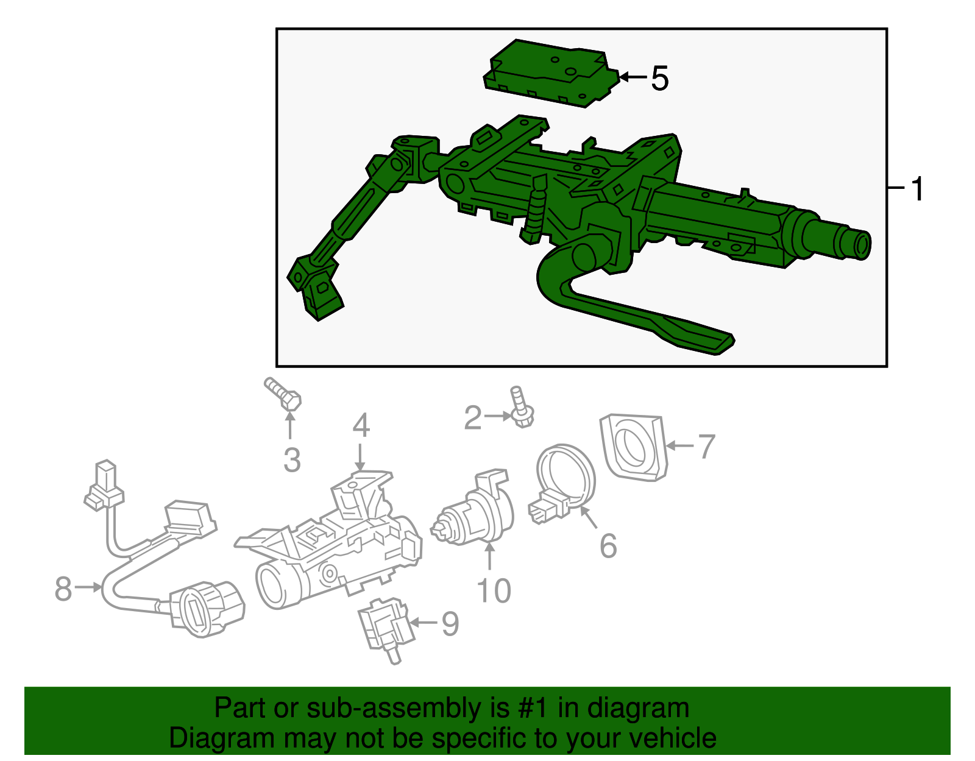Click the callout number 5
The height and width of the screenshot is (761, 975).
click(660, 79)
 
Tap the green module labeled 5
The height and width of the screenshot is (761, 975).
click(548, 73)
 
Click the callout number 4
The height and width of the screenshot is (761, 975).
click(361, 425)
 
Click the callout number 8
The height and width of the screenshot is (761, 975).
click(63, 589)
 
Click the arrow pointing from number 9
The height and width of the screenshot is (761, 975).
click(424, 623)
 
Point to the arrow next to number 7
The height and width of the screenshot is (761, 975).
click(679, 446)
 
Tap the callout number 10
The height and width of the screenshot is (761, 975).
click(494, 590)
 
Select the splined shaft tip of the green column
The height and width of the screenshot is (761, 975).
click(857, 242)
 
